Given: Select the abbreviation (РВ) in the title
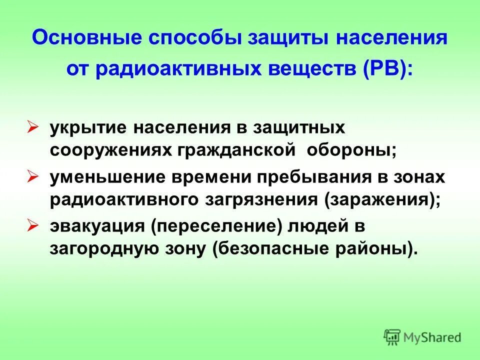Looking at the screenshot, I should tap(384, 68).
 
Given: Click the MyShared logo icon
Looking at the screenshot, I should tap(392, 336).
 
